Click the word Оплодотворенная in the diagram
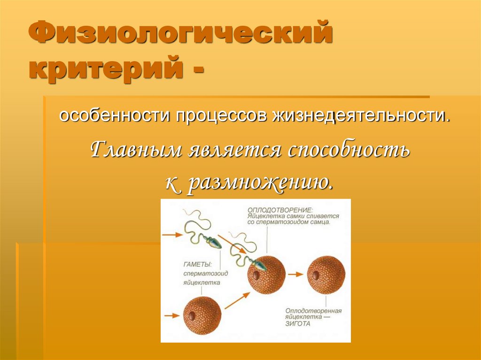point(313,311)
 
